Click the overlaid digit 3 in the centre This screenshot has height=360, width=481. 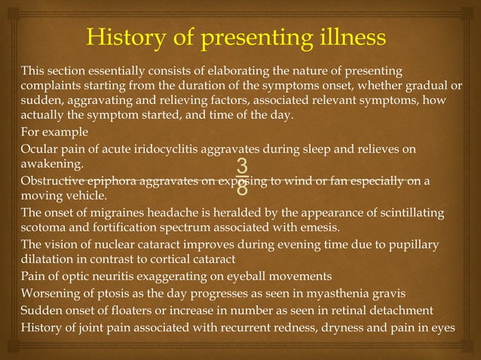point(241,166)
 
